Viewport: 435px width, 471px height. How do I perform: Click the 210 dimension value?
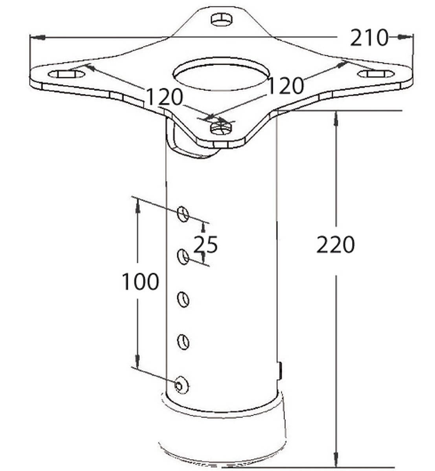tap(369, 38)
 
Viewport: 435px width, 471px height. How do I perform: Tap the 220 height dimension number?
tap(335, 245)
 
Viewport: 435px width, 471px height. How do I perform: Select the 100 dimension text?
tap(140, 281)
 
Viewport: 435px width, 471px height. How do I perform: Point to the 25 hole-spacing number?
tap(206, 244)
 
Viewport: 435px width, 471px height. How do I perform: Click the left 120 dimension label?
tap(165, 97)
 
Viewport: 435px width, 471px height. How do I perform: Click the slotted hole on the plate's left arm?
tap(67, 74)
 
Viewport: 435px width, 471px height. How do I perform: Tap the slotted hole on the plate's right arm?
tap(376, 74)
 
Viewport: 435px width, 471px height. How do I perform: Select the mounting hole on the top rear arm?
tap(221, 20)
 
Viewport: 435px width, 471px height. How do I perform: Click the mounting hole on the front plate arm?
tap(221, 128)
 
